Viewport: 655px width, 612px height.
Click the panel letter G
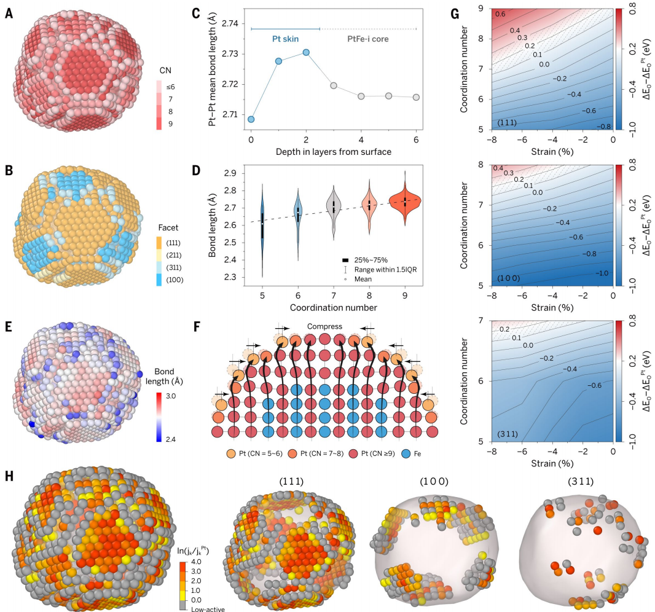(x=455, y=14)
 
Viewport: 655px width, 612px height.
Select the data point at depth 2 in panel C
(x=306, y=52)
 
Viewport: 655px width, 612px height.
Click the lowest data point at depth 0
(x=251, y=119)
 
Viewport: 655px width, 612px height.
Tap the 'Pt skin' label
(x=285, y=39)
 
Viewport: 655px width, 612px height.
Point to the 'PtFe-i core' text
(x=368, y=39)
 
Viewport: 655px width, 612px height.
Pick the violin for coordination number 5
(x=262, y=230)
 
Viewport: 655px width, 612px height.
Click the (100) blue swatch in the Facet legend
(x=159, y=280)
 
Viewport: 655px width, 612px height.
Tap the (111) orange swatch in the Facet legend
(x=159, y=243)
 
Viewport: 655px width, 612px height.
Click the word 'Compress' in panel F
(x=324, y=327)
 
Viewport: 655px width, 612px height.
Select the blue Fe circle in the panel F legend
(x=406, y=453)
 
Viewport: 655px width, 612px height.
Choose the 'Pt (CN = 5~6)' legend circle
(x=231, y=453)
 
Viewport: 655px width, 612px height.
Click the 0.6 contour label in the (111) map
(x=500, y=14)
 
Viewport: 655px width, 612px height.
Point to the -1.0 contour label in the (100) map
(x=602, y=273)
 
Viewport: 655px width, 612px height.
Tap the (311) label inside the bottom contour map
(x=508, y=434)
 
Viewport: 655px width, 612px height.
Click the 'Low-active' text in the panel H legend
(x=208, y=609)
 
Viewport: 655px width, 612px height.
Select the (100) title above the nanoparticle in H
(x=434, y=481)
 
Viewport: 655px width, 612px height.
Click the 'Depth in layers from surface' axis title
(x=334, y=152)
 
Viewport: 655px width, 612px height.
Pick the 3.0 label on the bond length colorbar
(x=171, y=396)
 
